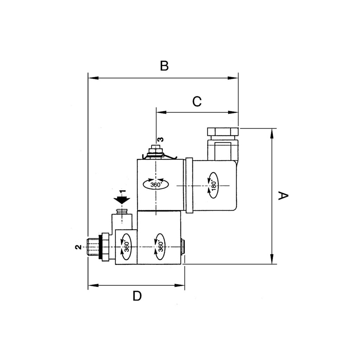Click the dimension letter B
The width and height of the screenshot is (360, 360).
[x=164, y=66]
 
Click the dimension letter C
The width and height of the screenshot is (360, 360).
[x=197, y=101]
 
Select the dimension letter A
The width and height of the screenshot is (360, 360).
[x=283, y=195]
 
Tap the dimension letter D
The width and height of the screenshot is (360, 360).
[x=137, y=296]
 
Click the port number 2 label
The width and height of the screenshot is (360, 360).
[x=78, y=247]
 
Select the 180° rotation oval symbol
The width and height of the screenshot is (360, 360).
[x=213, y=185]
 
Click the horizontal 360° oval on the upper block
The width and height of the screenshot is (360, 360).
[x=156, y=184]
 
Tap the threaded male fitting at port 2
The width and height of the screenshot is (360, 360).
[x=93, y=247]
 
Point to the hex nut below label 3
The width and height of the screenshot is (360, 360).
[x=156, y=150]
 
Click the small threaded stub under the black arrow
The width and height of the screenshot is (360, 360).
[x=122, y=211]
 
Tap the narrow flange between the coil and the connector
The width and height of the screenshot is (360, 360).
[x=189, y=185]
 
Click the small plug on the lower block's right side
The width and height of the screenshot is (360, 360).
[x=183, y=247]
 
